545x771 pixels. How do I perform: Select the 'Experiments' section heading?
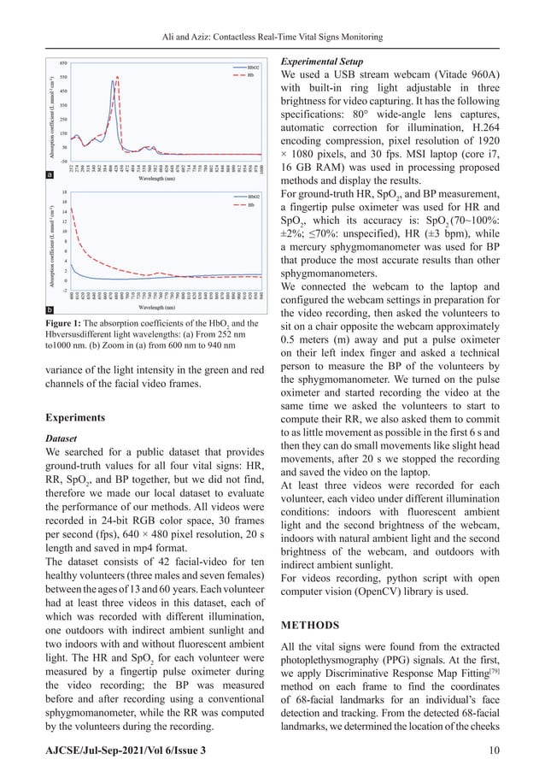coord(77,420)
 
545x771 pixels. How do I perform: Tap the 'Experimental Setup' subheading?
coord(327,62)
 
